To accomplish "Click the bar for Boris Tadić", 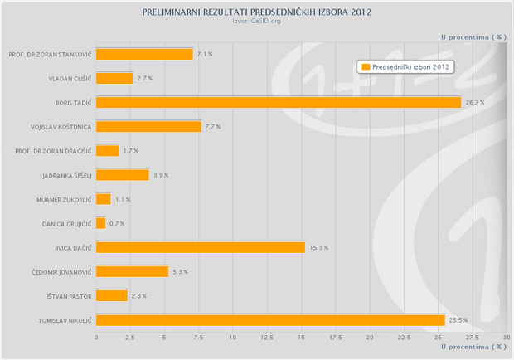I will point(279,102).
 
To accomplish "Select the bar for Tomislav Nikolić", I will point(270,320).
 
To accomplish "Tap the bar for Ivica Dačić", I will point(201,247).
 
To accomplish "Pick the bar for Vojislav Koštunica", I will point(148,127).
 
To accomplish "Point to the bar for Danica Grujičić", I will point(101,223).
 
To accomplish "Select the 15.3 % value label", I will point(319,247).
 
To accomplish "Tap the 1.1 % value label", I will point(123,199).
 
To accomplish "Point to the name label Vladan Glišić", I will point(70,78).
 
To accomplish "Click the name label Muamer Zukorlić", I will point(63,199).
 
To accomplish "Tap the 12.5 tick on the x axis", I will point(268,337).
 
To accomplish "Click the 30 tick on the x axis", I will point(507,337).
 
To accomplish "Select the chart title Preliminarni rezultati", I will point(257,13).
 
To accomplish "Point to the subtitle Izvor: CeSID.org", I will point(257,22).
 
